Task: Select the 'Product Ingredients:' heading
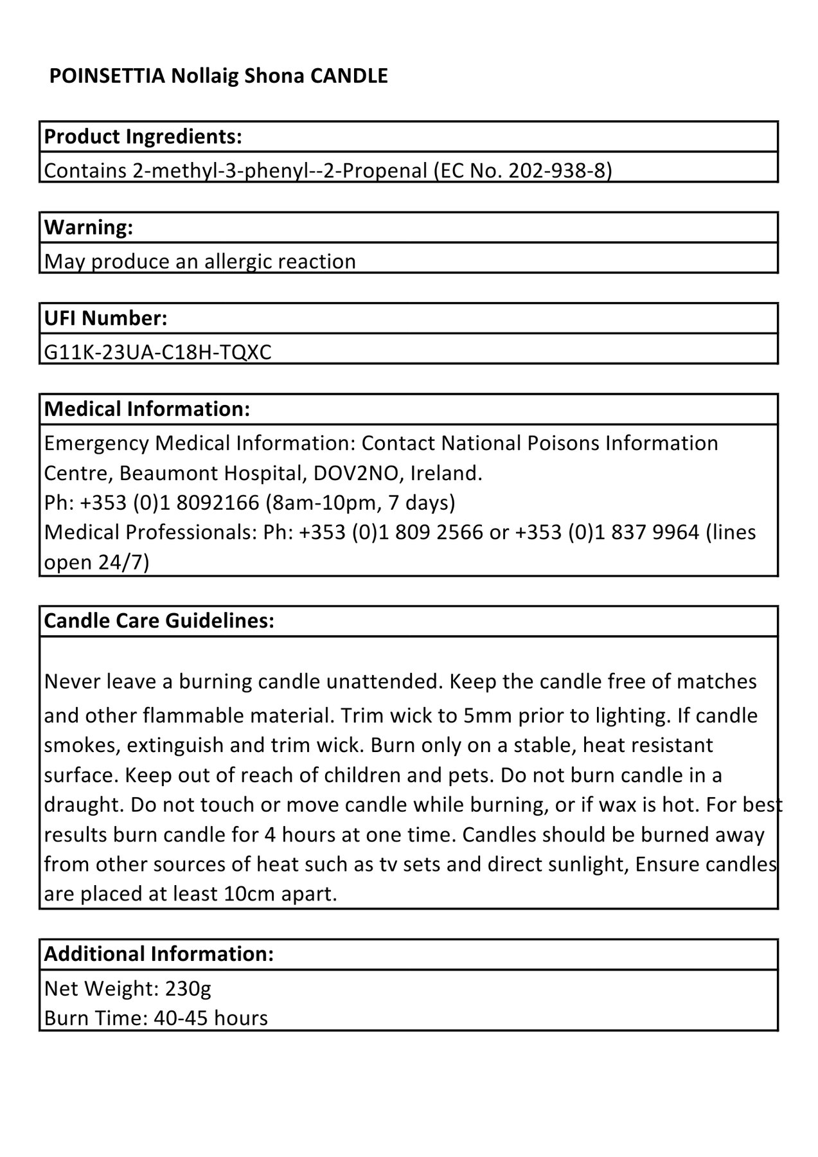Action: (x=143, y=137)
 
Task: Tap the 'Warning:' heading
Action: (x=89, y=228)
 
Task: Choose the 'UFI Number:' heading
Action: (x=106, y=318)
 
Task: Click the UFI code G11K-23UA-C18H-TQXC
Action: (x=158, y=352)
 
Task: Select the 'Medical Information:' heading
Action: (x=147, y=409)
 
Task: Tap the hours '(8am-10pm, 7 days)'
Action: (x=360, y=503)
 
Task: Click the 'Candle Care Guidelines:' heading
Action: (x=159, y=621)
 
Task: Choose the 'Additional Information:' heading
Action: (x=159, y=954)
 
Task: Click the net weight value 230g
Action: (x=188, y=989)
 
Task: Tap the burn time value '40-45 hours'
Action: (x=211, y=1019)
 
